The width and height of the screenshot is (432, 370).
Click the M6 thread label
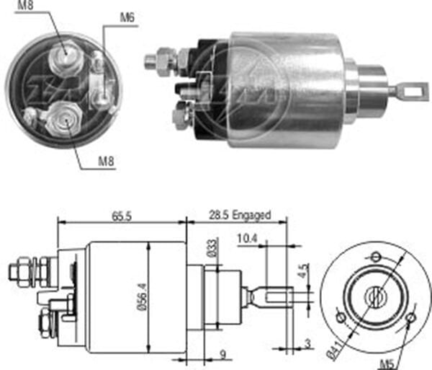click(127, 18)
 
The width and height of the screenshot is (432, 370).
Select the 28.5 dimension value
click(218, 214)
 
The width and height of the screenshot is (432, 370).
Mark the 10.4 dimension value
click(246, 238)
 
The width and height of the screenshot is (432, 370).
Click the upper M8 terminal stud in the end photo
click(63, 51)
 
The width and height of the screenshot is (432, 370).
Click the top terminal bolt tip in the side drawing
click(14, 271)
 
